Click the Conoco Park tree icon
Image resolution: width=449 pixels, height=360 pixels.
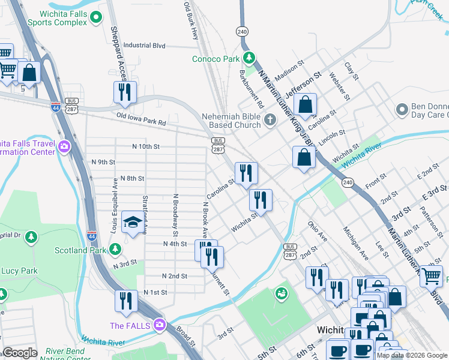click(250, 58)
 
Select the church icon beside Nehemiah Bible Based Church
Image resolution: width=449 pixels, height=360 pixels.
click(270, 121)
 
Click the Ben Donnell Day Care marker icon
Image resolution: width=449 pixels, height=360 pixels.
click(402, 110)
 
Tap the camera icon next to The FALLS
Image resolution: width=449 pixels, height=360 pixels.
click(159, 325)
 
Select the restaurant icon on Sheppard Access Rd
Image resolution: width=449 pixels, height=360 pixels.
click(125, 92)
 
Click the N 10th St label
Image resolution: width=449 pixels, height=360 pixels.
click(146, 146)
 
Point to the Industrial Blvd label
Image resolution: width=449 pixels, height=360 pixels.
click(144, 45)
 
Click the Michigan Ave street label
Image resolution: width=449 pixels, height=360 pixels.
click(355, 244)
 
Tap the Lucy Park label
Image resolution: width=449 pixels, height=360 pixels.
click(19, 271)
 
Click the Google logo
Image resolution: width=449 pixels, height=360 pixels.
click(20, 353)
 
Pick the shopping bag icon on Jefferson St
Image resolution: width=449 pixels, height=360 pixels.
click(306, 104)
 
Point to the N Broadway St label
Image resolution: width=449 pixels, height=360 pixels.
click(176, 215)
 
